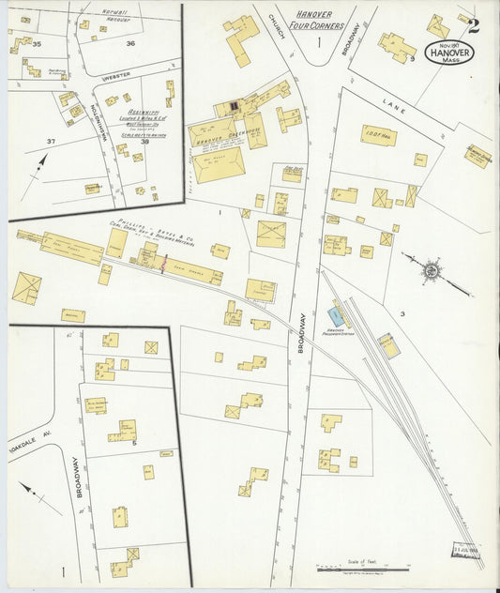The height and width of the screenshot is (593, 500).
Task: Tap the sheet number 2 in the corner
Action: tap(474, 25)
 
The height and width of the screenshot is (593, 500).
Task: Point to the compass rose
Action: tap(431, 270)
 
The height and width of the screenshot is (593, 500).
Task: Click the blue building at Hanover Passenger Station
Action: tap(336, 316)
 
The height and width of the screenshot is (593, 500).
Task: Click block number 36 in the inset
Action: tap(130, 43)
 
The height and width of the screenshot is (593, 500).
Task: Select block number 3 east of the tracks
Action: tap(401, 313)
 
